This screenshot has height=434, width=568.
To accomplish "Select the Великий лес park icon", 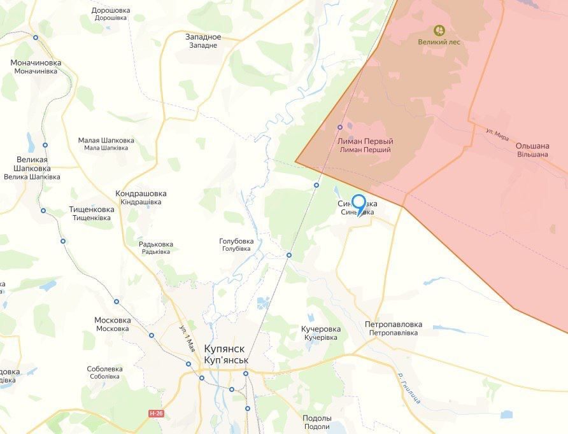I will point(439,30).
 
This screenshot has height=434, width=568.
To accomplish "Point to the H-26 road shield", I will point(155,414).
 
